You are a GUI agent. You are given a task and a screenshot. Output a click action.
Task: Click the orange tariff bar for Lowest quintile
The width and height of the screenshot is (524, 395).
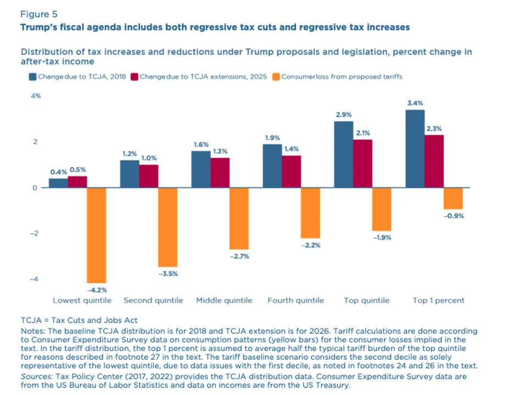[97, 235]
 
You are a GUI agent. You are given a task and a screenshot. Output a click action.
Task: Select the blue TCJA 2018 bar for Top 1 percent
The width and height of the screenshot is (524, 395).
[415, 149]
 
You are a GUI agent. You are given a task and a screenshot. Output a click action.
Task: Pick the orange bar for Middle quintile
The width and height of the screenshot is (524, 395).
[239, 218]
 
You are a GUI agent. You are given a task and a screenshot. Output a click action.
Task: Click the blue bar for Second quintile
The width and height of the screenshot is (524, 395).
[129, 174]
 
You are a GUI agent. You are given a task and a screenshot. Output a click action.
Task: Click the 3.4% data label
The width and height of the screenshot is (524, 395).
[415, 103]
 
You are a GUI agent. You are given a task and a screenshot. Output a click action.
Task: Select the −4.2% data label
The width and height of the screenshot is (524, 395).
[97, 289]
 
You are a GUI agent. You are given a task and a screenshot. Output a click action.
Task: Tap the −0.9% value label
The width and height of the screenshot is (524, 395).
[453, 216]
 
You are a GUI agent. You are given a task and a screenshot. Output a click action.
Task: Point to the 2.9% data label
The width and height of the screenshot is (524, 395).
[343, 114]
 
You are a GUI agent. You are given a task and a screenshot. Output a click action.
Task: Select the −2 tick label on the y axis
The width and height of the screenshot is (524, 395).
[34, 233]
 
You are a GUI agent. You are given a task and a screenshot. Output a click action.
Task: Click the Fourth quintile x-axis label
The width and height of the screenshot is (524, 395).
[296, 301]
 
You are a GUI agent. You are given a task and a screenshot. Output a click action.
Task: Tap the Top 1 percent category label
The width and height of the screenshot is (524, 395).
[438, 301]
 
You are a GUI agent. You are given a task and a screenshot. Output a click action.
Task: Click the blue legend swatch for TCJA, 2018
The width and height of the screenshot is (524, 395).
[33, 77]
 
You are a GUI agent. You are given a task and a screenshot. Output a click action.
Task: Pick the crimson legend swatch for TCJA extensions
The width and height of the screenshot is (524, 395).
[135, 77]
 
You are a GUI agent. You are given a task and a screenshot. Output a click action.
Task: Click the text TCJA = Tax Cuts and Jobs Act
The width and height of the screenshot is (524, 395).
[79, 320]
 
